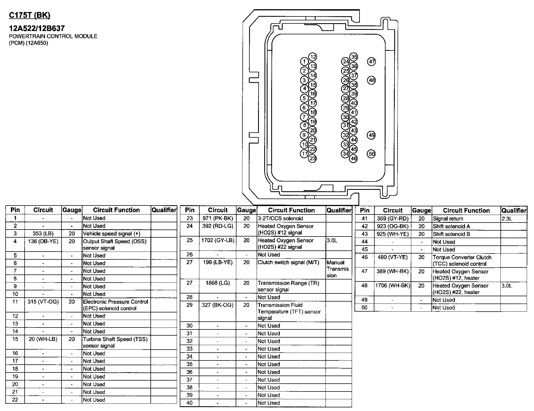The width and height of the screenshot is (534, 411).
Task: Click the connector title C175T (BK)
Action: (x=30, y=15)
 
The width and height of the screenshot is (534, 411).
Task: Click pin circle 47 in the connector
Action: (x=372, y=62)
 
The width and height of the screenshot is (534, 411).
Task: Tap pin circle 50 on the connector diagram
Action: (x=371, y=154)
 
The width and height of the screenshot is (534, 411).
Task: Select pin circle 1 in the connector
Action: (x=304, y=62)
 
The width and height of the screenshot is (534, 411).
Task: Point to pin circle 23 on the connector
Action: (x=312, y=159)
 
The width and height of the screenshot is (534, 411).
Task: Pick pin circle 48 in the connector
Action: (x=372, y=80)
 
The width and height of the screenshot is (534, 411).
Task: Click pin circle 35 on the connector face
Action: (x=354, y=57)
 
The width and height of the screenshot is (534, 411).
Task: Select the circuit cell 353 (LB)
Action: (x=43, y=234)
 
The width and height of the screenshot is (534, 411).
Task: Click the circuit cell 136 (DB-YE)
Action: (x=43, y=241)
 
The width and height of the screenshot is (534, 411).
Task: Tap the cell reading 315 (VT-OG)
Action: (x=43, y=302)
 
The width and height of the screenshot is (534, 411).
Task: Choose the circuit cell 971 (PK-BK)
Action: (x=218, y=218)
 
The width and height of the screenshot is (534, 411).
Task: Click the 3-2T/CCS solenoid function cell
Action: (x=280, y=218)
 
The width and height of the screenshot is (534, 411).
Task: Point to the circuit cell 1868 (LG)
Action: (x=218, y=283)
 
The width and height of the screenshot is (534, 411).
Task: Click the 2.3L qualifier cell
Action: (x=507, y=219)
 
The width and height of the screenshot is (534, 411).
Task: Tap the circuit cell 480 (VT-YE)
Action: (x=393, y=257)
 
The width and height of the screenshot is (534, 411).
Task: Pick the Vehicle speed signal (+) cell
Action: (x=112, y=234)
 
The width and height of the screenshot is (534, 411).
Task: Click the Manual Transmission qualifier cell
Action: (x=338, y=269)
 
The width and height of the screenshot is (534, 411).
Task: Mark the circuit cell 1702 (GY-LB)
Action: (x=218, y=240)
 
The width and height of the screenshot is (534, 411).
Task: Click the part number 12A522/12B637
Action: (x=37, y=28)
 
